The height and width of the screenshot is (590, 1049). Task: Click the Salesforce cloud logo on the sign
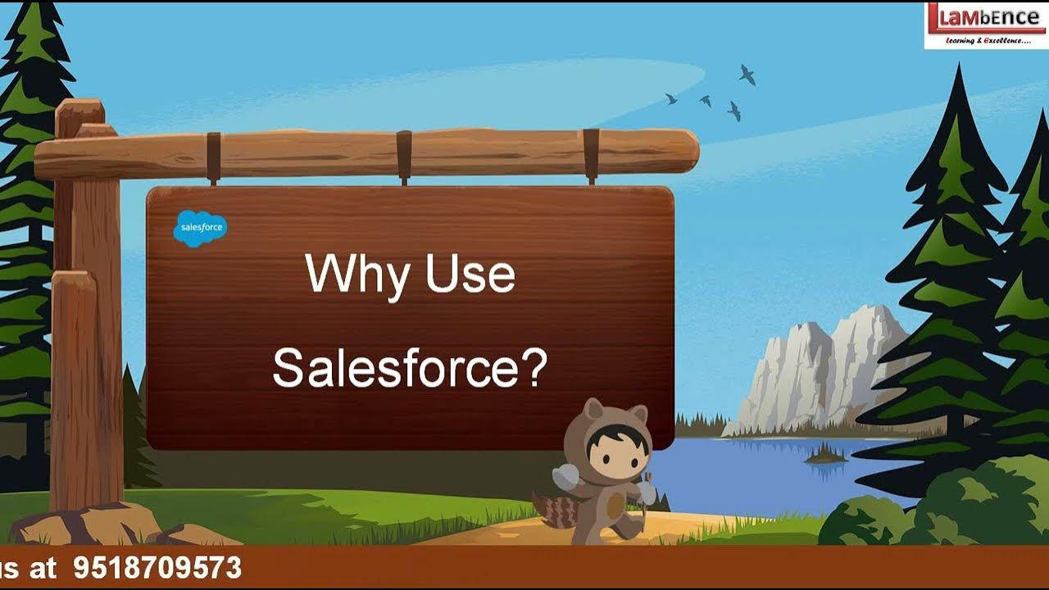[200, 229]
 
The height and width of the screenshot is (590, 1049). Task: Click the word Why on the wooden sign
[356, 275]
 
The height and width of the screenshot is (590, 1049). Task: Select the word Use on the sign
[470, 275]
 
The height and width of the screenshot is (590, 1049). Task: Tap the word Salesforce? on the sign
[409, 368]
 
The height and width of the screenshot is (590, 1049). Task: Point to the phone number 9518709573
[157, 568]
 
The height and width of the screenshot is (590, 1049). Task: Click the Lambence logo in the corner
[986, 25]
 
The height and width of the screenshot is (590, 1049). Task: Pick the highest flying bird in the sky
[747, 75]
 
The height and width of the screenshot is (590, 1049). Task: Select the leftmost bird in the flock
[671, 98]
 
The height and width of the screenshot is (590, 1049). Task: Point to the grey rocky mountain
[820, 369]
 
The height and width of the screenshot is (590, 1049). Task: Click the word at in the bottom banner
[43, 568]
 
